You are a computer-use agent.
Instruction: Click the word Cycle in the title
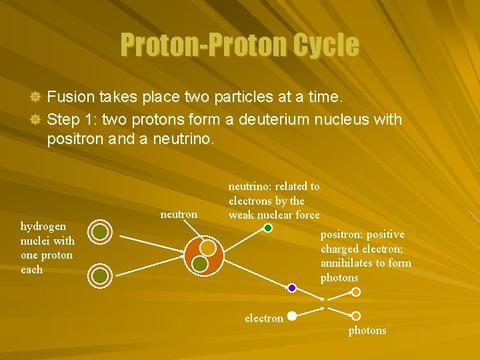pos(325,45)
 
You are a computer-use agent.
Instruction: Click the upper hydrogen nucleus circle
pos(99,232)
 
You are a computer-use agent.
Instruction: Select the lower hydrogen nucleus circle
pos(99,275)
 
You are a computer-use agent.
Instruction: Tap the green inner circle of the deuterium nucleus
pos(199,264)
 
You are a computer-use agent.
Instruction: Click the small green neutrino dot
pos(268,228)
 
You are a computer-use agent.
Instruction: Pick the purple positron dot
pos(292,288)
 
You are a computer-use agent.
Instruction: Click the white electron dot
pos(292,317)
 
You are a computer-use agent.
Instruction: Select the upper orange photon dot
pos(356,292)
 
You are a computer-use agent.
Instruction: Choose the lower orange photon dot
pos(356,316)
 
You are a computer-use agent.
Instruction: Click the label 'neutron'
pos(179,215)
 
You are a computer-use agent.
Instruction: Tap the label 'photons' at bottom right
pos(367,331)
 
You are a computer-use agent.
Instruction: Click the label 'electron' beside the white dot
pos(264,319)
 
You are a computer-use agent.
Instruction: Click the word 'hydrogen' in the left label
pos(43,227)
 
